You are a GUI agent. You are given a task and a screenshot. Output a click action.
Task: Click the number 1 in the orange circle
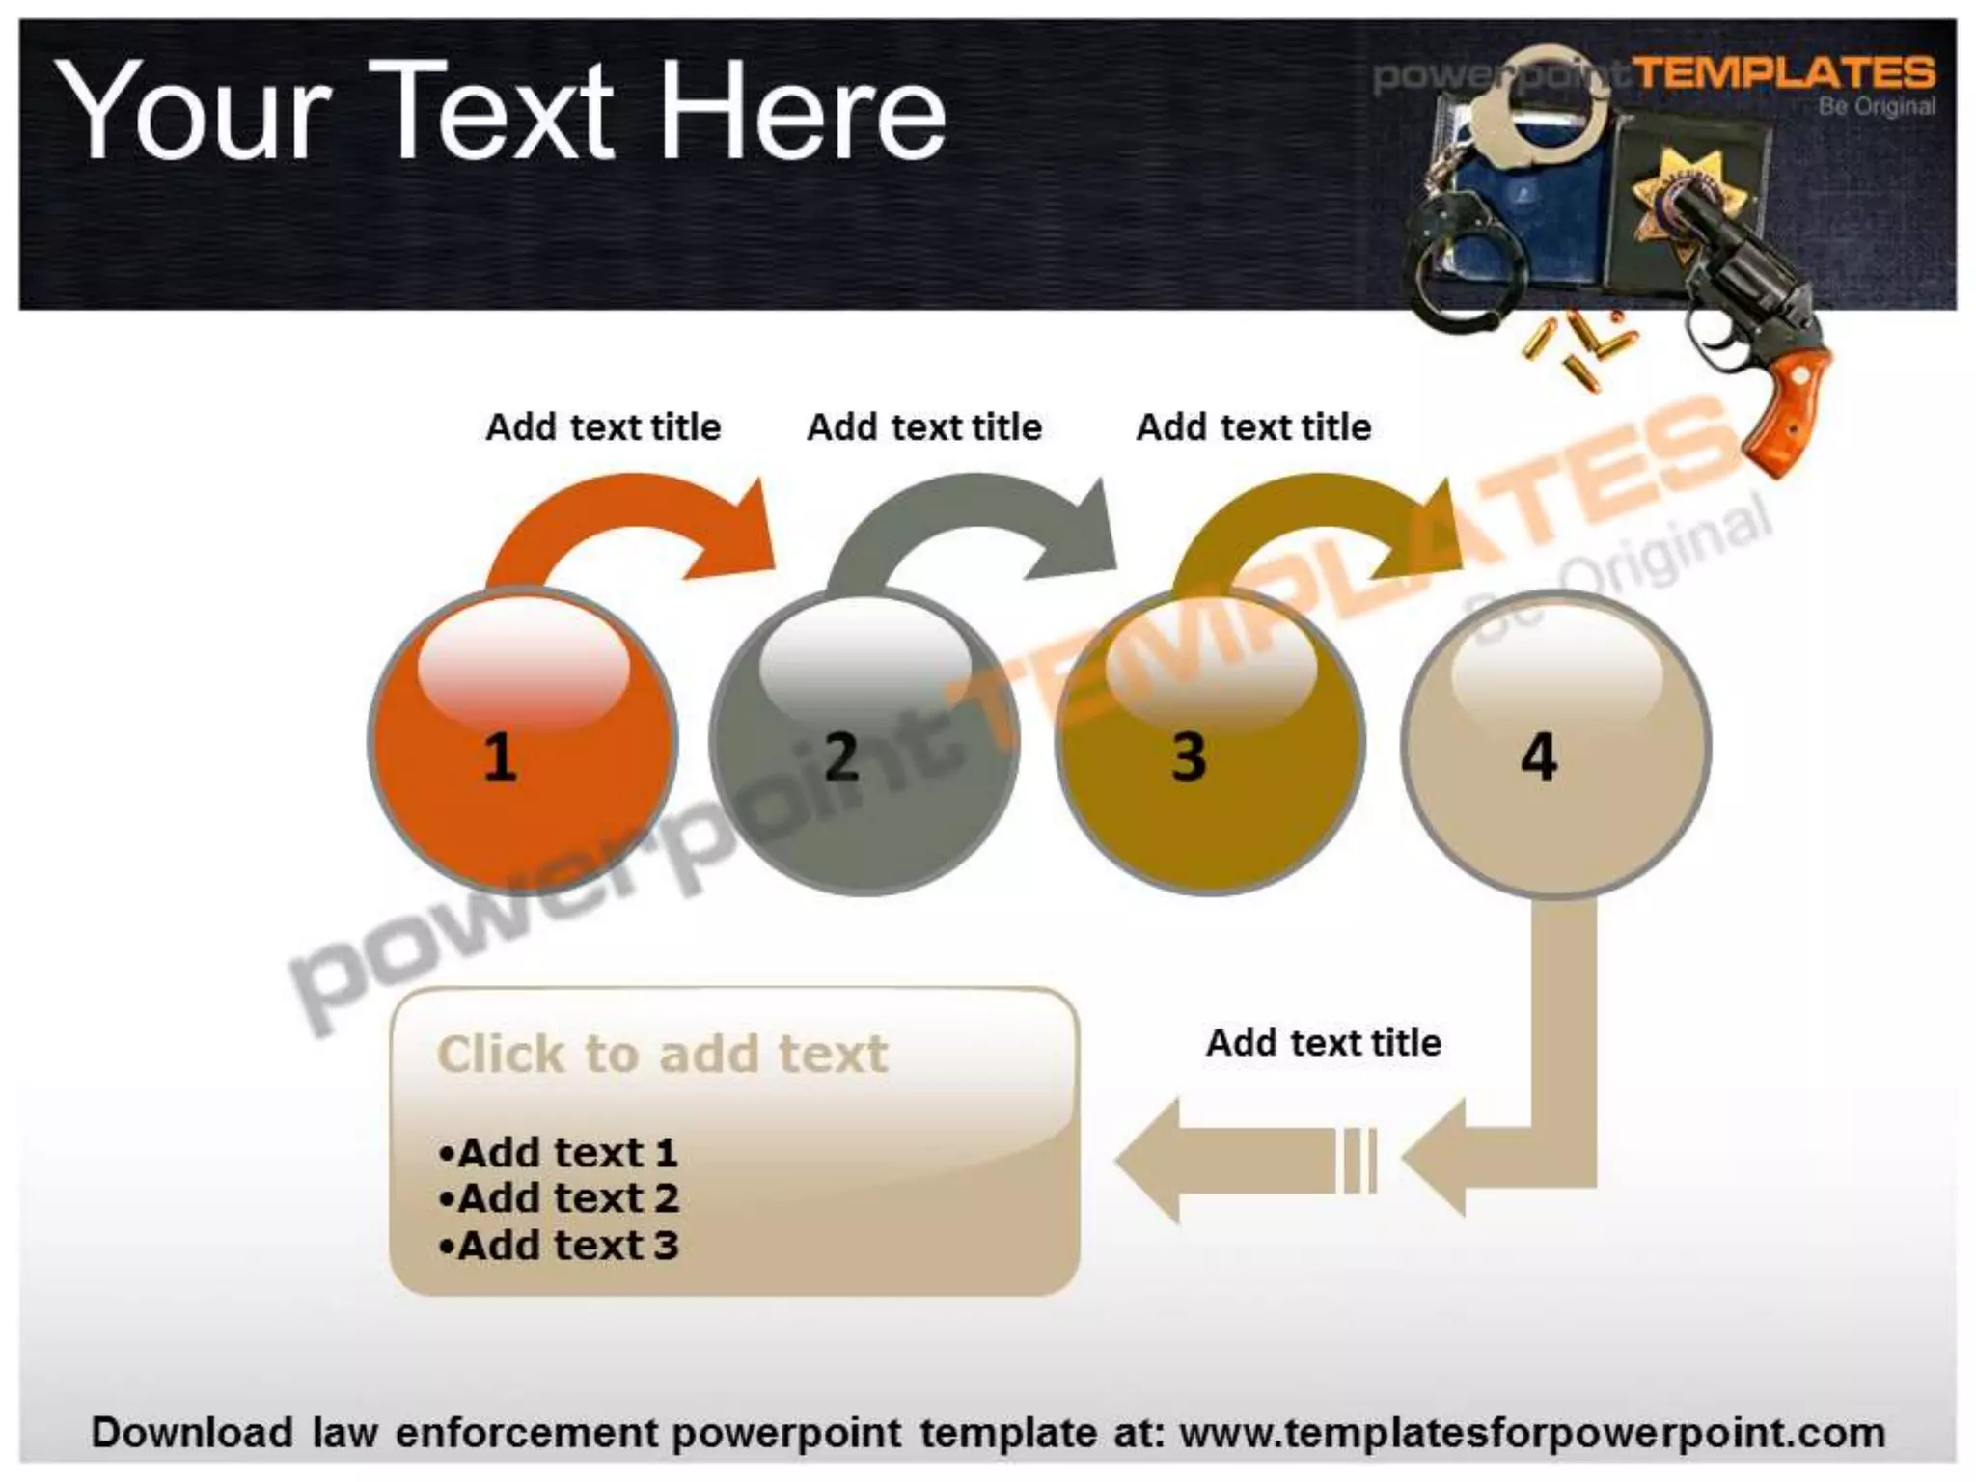[499, 756]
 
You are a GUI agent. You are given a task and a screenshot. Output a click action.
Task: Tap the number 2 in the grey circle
[841, 756]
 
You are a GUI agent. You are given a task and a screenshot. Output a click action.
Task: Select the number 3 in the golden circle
[1189, 756]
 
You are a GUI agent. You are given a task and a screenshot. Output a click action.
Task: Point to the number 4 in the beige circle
[1539, 756]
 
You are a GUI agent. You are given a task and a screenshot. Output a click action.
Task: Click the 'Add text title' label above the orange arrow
[603, 426]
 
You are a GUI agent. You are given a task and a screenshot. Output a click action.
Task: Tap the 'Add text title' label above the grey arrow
[924, 426]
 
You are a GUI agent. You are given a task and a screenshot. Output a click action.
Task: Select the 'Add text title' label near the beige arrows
[1324, 1042]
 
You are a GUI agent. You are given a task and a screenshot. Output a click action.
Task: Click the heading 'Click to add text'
[662, 1054]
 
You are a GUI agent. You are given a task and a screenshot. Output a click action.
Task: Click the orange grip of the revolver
[1790, 400]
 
